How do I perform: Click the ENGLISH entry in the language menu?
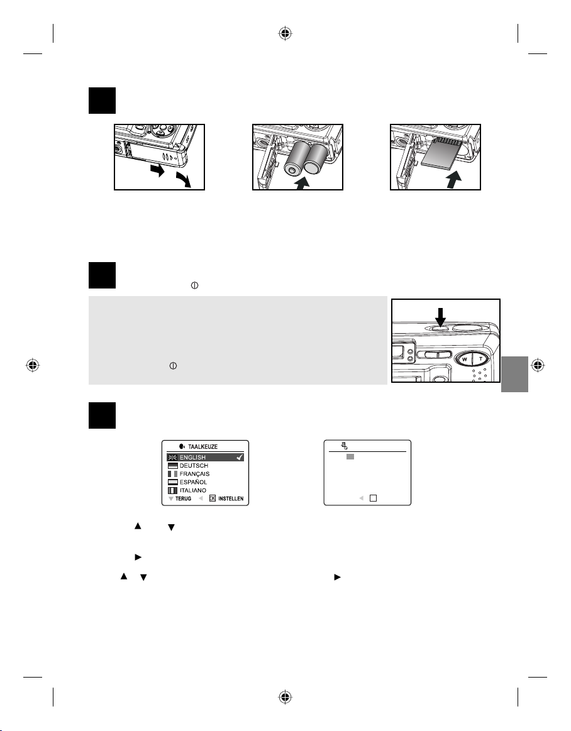(x=192, y=458)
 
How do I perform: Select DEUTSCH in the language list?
(x=194, y=466)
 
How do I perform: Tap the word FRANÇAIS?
(x=194, y=474)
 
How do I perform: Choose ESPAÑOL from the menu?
(x=193, y=482)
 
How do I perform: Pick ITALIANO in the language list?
(x=192, y=490)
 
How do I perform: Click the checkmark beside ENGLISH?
(x=240, y=458)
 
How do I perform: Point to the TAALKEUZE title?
(x=202, y=447)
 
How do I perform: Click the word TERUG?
(x=184, y=499)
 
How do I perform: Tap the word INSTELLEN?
(x=231, y=499)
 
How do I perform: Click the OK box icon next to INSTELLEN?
(x=213, y=498)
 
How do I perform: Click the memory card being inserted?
(x=441, y=155)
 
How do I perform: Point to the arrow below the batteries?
(x=302, y=182)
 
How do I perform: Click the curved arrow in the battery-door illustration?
(x=184, y=179)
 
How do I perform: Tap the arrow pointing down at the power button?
(x=440, y=317)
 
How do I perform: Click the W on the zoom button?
(x=465, y=360)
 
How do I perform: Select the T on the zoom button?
(x=480, y=360)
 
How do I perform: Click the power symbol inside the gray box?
(x=173, y=366)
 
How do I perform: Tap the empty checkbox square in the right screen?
(x=373, y=498)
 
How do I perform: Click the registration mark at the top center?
(x=285, y=33)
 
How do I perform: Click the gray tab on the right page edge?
(x=514, y=375)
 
